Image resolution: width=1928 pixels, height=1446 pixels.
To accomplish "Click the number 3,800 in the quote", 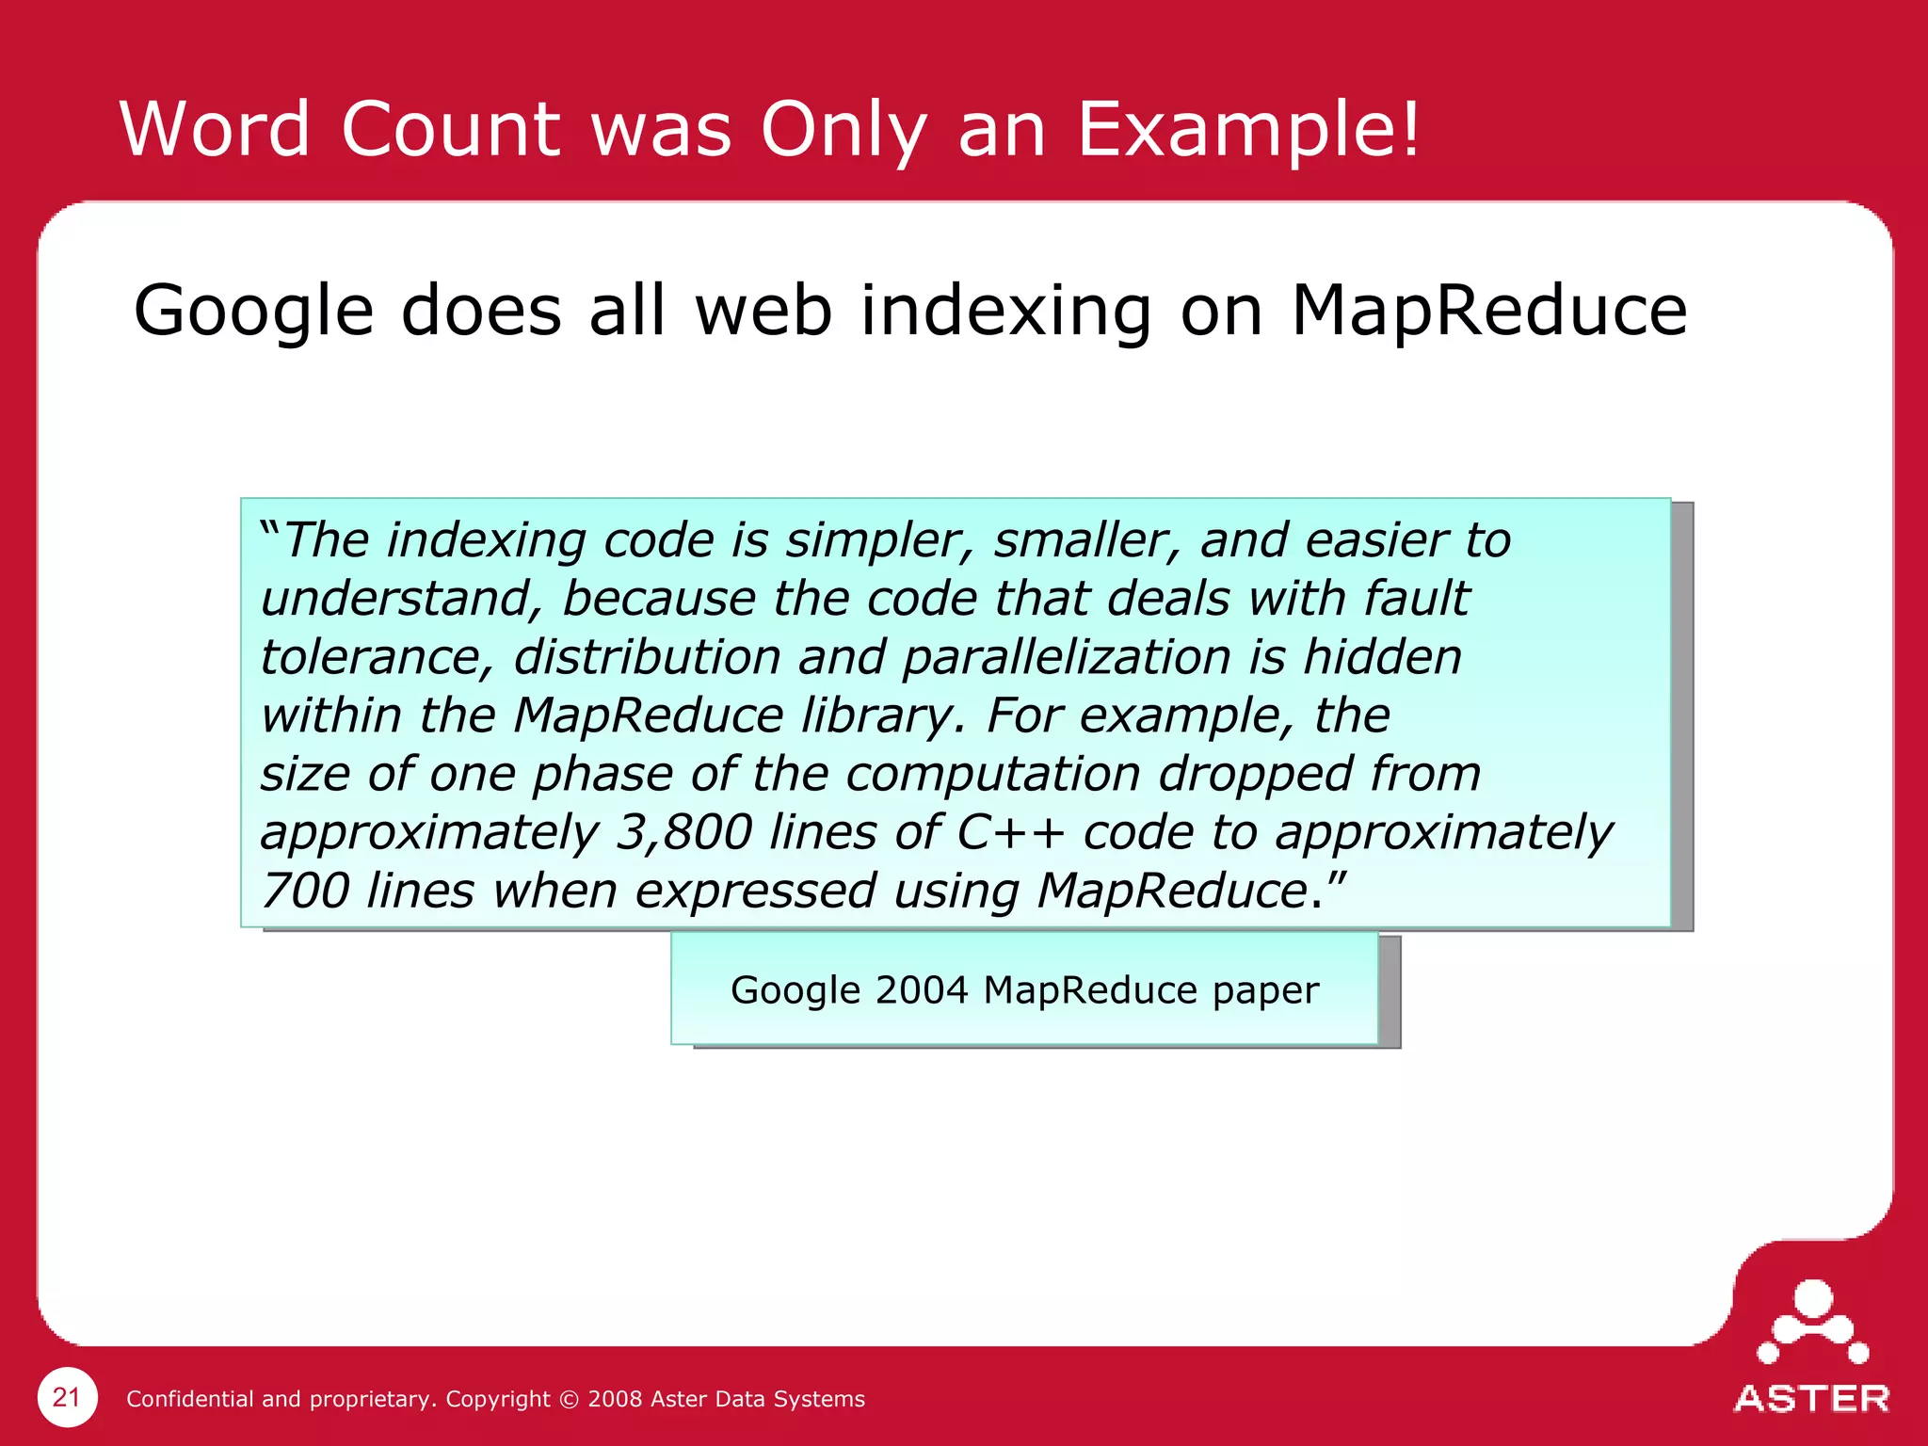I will tap(683, 832).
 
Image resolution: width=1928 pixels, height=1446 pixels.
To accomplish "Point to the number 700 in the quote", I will tap(305, 891).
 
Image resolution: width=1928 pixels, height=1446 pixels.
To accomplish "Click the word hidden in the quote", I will tap(1382, 657).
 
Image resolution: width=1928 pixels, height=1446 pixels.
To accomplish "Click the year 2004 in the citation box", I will tap(922, 990).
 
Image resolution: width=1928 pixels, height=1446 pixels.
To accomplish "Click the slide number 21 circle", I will tap(67, 1397).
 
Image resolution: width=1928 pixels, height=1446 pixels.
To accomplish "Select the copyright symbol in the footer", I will tap(569, 1399).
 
